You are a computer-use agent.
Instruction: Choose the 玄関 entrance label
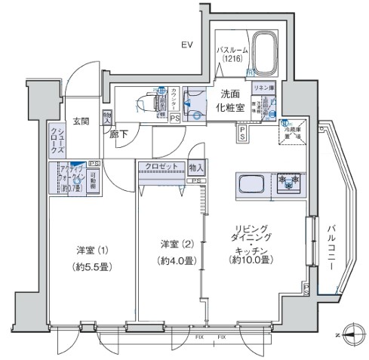[x=81, y=121]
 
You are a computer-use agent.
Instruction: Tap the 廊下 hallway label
[x=118, y=135]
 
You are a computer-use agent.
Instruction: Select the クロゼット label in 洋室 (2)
[x=158, y=166]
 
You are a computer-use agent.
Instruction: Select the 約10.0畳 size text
[x=252, y=260]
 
